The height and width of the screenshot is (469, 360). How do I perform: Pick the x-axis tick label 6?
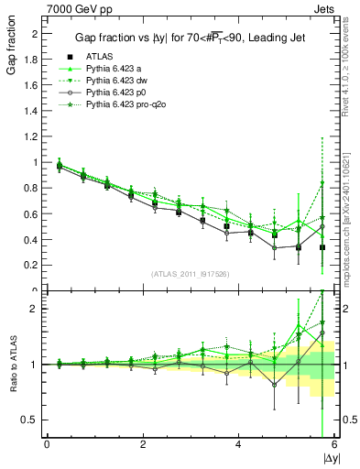[x=333, y=444]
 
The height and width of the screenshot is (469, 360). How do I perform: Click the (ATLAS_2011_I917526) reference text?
[x=191, y=274]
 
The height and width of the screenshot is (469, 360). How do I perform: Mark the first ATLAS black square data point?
[x=59, y=167]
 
